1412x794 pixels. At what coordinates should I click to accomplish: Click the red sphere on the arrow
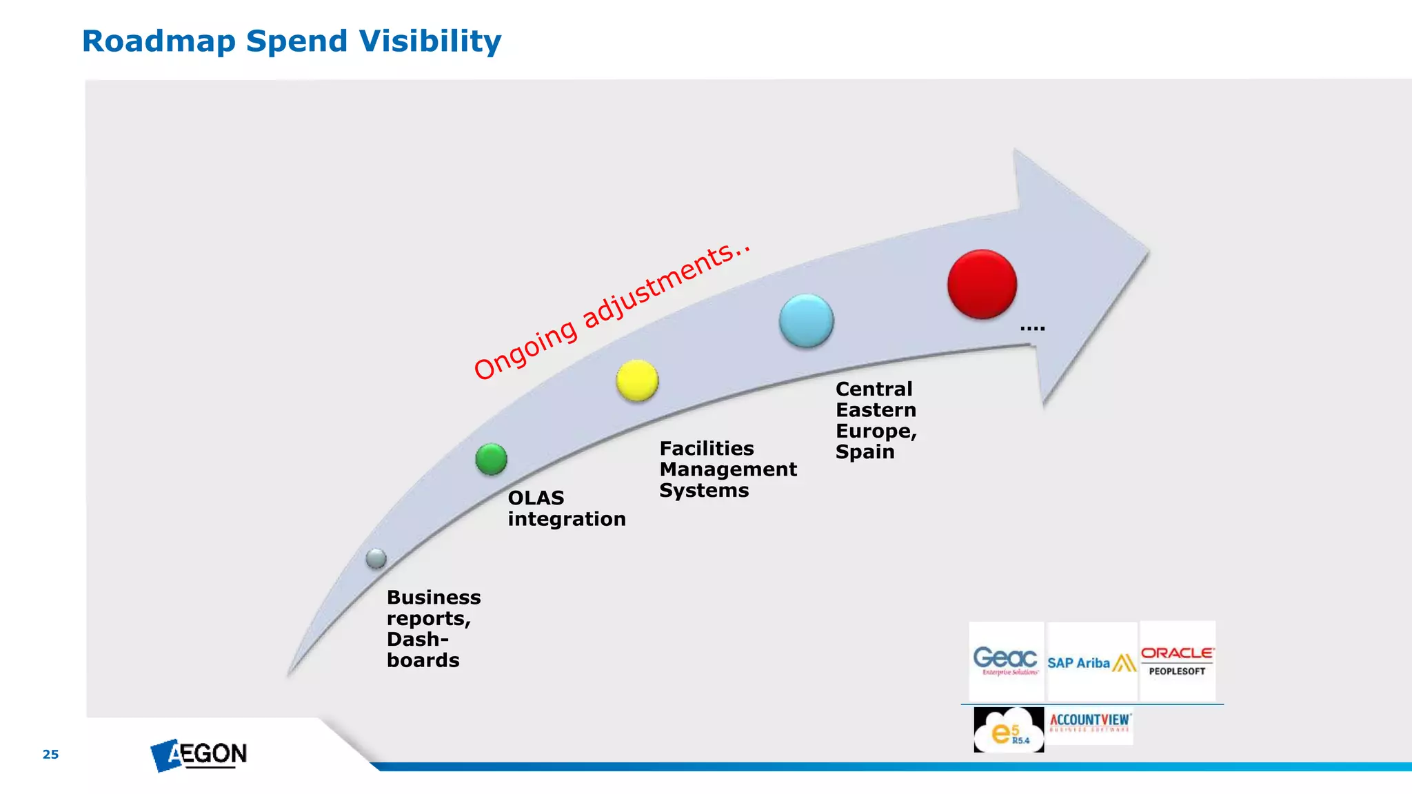(982, 284)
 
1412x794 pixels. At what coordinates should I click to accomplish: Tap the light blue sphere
(806, 320)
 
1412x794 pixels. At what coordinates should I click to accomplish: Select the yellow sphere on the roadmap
(637, 380)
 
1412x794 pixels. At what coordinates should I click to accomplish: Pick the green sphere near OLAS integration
(491, 459)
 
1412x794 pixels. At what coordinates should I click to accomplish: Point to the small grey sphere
(376, 558)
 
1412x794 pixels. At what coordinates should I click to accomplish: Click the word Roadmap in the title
(159, 41)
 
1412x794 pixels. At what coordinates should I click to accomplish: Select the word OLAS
(536, 498)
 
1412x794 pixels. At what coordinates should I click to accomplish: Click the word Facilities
(707, 449)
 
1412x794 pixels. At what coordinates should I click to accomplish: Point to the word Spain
(865, 452)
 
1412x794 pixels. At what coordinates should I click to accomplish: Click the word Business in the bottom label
(434, 598)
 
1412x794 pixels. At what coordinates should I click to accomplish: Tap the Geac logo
(1005, 660)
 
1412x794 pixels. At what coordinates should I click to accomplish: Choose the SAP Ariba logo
(1091, 662)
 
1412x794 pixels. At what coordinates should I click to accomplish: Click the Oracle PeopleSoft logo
(1177, 660)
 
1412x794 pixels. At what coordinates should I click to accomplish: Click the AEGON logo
(199, 755)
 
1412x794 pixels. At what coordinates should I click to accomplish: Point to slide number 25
(50, 754)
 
